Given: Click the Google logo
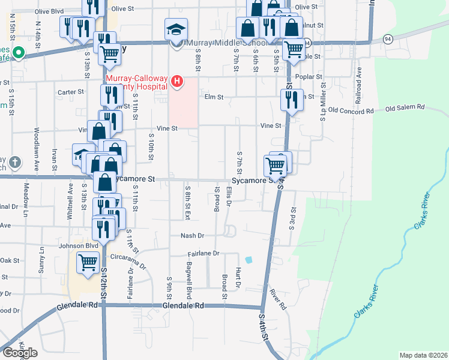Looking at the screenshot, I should [x=20, y=353].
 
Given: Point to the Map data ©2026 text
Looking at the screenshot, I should [x=423, y=355].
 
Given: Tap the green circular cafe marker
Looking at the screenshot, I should [x=18, y=54].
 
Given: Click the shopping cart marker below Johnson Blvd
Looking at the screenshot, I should [x=88, y=262].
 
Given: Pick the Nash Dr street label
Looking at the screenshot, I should [x=193, y=236].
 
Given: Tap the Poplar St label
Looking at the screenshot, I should [x=310, y=77].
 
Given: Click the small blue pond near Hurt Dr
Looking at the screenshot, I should [x=249, y=260].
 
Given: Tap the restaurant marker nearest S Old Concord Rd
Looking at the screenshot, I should [x=292, y=99].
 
